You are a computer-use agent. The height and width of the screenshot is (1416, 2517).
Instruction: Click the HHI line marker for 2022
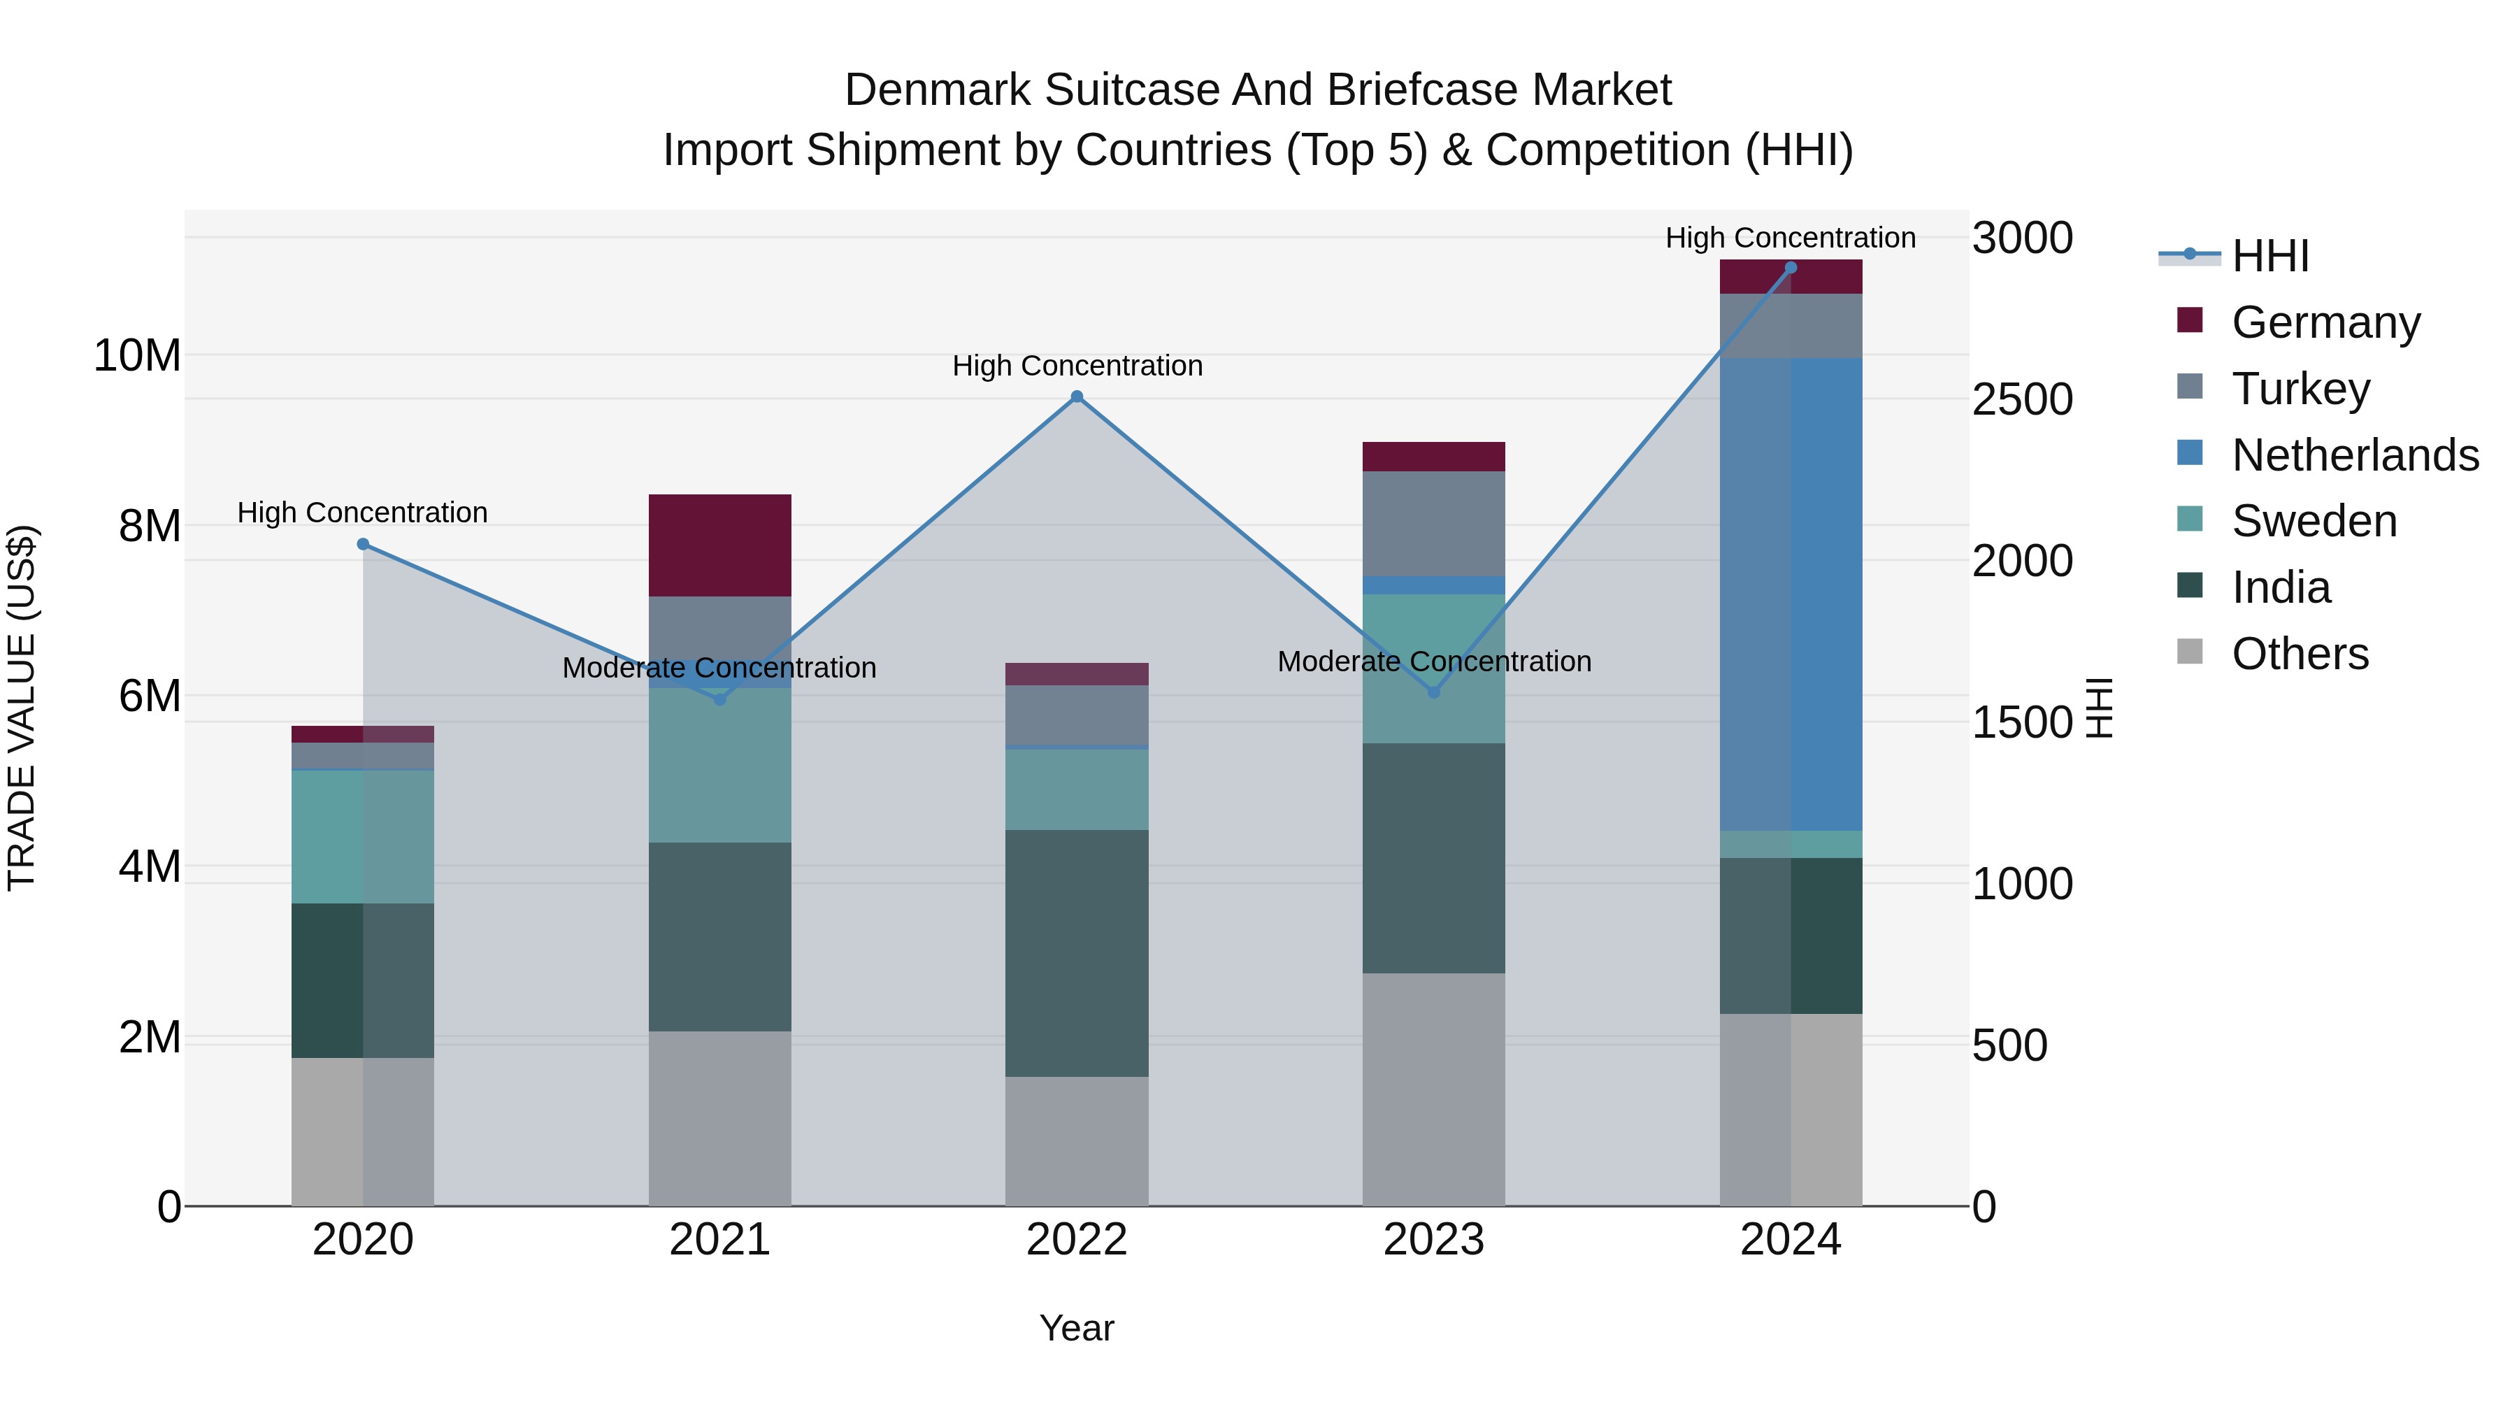click(x=1077, y=396)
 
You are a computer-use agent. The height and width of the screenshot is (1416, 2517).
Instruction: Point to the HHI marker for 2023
click(x=1433, y=692)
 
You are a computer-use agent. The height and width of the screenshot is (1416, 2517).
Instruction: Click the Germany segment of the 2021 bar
click(x=720, y=545)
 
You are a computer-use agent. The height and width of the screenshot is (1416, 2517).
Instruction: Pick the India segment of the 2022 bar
click(x=1077, y=953)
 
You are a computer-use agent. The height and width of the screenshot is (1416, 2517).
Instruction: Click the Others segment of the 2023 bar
click(x=1433, y=1089)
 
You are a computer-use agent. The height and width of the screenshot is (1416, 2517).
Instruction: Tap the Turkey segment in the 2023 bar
click(x=1433, y=524)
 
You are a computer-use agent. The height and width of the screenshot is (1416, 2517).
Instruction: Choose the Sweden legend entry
click(x=2314, y=521)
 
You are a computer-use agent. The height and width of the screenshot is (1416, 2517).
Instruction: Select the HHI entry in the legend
click(x=2269, y=256)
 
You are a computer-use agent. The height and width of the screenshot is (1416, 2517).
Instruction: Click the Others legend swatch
click(x=2190, y=652)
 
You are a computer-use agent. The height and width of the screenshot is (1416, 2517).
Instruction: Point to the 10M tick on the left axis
click(x=137, y=356)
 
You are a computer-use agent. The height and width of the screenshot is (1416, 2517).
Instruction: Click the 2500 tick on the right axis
click(x=2021, y=400)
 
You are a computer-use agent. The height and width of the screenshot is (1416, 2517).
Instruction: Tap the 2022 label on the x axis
click(x=1077, y=1240)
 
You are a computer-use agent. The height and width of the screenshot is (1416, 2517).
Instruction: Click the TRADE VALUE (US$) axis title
click(x=22, y=708)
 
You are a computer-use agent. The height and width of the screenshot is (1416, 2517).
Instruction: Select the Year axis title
click(x=1077, y=1328)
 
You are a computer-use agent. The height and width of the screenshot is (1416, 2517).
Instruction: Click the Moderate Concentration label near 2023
click(x=1433, y=661)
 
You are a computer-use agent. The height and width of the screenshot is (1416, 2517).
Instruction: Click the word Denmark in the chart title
click(x=937, y=90)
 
